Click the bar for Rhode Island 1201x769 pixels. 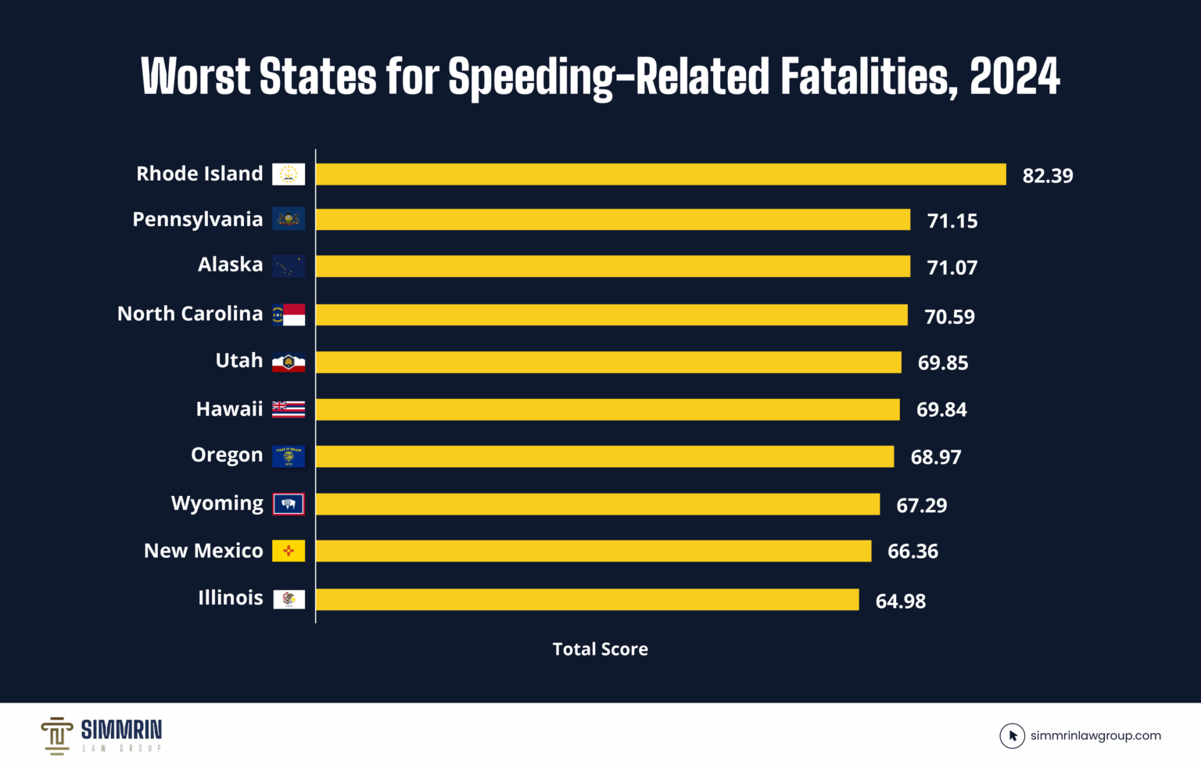coord(661,174)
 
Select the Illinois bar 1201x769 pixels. coord(587,600)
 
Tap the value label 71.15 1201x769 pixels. coord(952,221)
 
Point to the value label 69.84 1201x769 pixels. coord(941,410)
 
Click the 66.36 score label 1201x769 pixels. coord(912,552)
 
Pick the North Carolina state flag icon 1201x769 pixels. coord(289,314)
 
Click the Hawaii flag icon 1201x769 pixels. coord(289,409)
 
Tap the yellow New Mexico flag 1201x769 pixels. coord(289,552)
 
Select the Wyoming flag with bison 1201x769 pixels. coord(289,505)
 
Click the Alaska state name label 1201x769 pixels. coord(230,265)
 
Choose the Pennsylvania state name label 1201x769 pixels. coord(197,220)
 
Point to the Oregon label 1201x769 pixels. coord(227,455)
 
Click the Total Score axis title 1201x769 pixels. coord(600,649)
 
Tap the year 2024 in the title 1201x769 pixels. coord(1014,77)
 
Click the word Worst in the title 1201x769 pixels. coord(195,77)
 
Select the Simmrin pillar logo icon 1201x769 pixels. coord(56,735)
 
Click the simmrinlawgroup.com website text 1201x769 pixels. coord(1095,736)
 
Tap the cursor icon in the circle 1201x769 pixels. coord(1012,736)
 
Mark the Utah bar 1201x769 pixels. coord(608,362)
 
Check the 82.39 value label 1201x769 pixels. coord(1047,176)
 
